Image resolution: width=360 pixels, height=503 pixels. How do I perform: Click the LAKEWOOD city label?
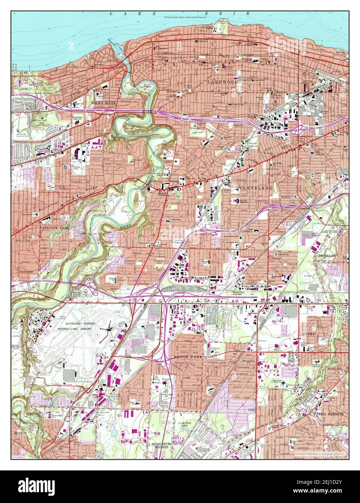pos(223,83)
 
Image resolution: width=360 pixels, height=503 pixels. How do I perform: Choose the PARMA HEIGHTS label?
pos(329,413)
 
